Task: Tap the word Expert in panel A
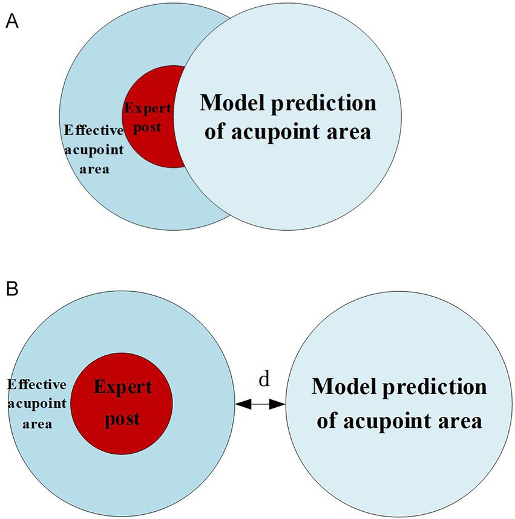[x=148, y=109]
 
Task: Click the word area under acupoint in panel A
[x=95, y=169]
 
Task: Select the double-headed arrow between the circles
[x=260, y=405]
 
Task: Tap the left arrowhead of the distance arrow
[x=243, y=405]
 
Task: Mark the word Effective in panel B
[x=36, y=384]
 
